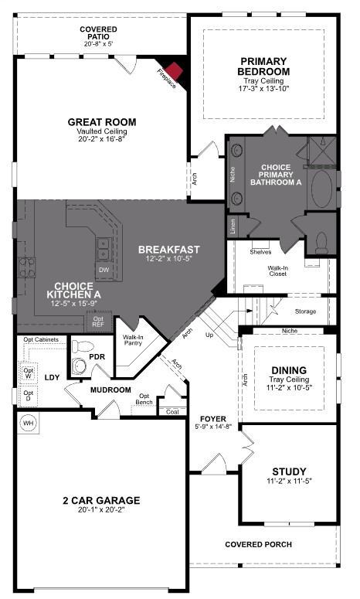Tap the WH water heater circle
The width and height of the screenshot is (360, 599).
click(29, 424)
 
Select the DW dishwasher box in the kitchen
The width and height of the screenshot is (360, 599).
click(104, 269)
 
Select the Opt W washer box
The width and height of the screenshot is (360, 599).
click(29, 372)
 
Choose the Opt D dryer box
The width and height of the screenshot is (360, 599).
click(29, 396)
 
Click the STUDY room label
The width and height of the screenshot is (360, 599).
click(289, 471)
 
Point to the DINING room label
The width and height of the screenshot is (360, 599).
click(288, 370)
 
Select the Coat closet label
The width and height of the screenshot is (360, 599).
click(172, 412)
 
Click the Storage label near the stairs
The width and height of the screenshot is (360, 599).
click(306, 311)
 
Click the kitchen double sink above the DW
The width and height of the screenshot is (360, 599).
click(103, 248)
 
